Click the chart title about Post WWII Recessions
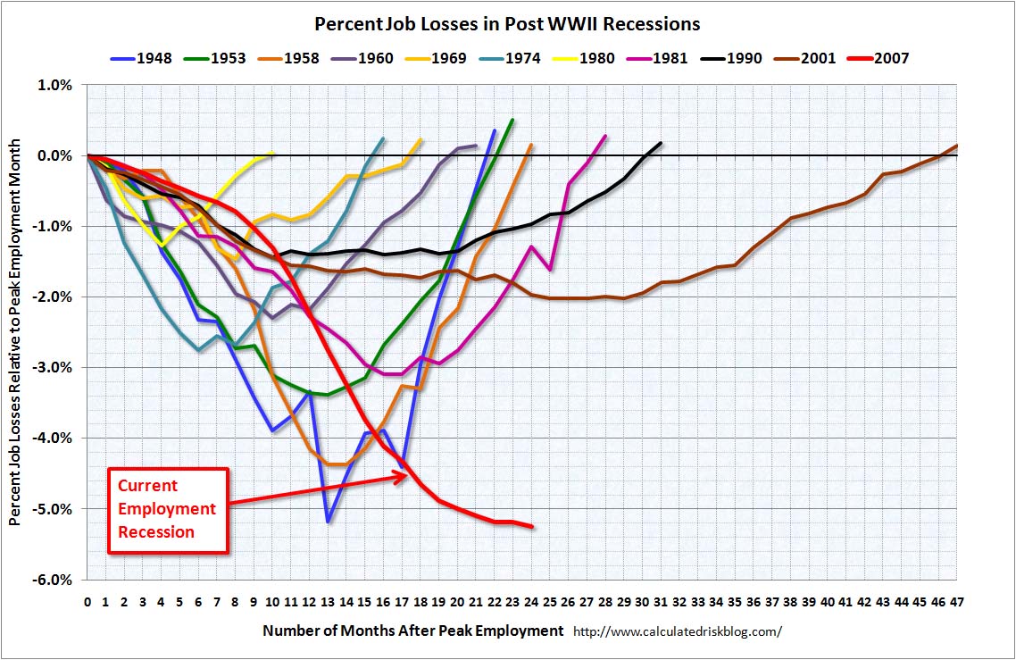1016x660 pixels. point(507,23)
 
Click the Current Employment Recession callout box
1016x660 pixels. point(168,509)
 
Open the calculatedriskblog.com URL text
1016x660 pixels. point(677,631)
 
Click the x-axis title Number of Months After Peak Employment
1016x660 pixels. point(413,631)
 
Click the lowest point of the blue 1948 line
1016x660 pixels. point(329,522)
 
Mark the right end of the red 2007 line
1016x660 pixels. point(533,527)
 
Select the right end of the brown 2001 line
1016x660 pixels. point(956,145)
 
